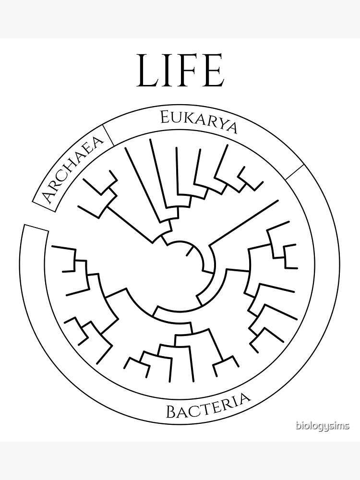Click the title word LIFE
[x=180, y=71]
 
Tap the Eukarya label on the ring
[x=199, y=122]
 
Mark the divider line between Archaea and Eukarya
[x=108, y=135]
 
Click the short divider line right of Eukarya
[x=295, y=172]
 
